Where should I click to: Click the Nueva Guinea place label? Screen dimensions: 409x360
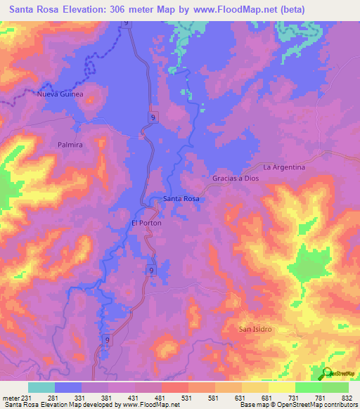coord(61,93)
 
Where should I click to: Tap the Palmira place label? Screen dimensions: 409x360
coord(70,144)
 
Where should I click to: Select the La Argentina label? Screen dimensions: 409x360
coord(284,167)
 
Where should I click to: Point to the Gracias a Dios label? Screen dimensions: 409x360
coord(236,178)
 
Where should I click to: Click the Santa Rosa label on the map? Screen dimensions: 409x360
coord(181,199)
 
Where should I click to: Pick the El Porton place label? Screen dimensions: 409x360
coord(146,223)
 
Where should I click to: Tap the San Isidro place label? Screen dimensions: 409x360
coord(255,329)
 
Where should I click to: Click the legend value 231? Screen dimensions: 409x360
coord(29,398)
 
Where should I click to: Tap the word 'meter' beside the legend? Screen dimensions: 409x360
coord(12,398)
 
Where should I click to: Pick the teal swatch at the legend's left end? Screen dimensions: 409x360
coord(41,387)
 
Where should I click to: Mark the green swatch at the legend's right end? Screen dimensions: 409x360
coord(335,387)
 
